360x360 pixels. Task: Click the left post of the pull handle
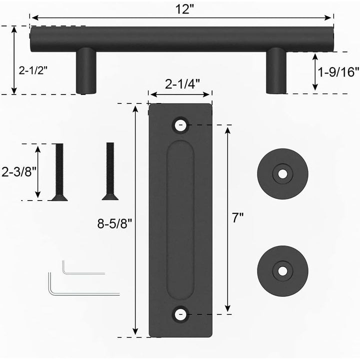click(x=85, y=71)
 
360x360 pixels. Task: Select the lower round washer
click(x=282, y=270)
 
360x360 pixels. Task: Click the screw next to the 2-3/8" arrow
click(x=59, y=172)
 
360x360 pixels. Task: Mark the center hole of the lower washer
click(x=283, y=270)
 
